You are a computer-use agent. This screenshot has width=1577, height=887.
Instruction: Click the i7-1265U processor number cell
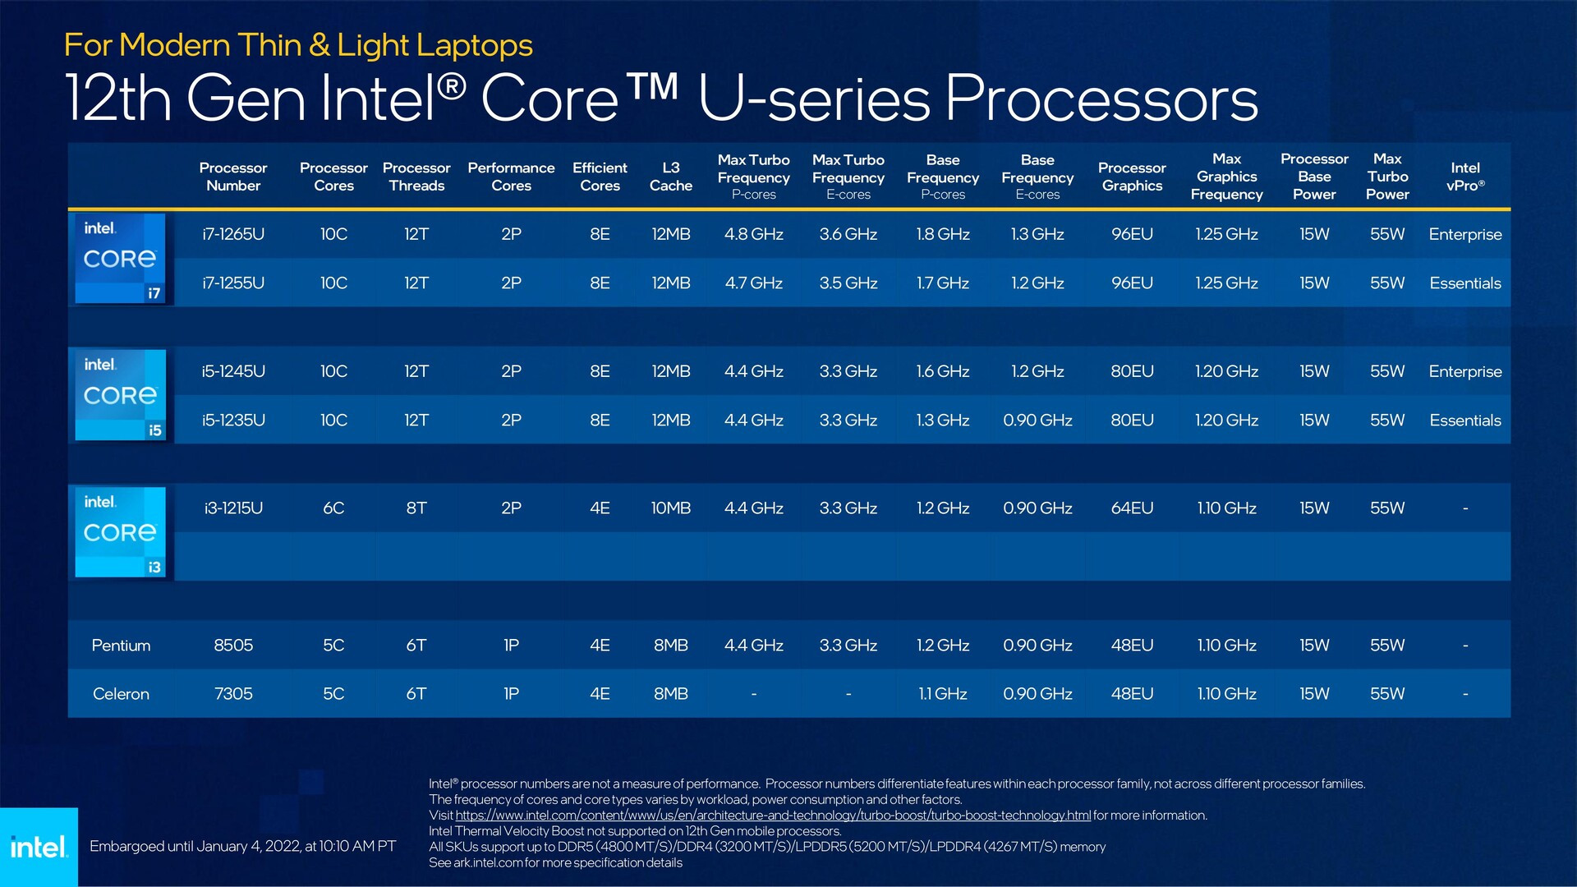tap(233, 234)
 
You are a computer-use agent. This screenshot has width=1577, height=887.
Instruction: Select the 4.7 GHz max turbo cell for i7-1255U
tap(753, 283)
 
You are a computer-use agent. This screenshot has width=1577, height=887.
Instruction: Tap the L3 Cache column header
tap(670, 177)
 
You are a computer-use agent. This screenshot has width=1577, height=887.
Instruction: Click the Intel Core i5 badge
tap(121, 395)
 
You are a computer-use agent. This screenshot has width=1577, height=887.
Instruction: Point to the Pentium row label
tap(121, 646)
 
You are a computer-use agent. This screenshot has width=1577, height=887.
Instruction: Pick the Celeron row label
tap(121, 694)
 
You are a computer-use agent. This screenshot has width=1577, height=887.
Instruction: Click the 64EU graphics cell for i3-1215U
tap(1132, 508)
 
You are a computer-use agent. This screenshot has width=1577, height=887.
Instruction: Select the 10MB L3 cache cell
tap(670, 508)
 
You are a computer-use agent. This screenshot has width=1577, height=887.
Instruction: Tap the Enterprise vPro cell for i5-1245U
tap(1464, 371)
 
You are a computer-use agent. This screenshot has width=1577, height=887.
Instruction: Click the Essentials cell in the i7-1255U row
tap(1464, 283)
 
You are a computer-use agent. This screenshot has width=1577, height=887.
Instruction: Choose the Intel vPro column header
tap(1464, 177)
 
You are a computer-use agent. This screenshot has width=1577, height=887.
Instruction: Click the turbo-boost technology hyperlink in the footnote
tap(772, 816)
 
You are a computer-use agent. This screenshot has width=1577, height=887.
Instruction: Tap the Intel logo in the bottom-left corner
tap(39, 847)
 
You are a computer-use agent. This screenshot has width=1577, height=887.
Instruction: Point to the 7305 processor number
tap(233, 694)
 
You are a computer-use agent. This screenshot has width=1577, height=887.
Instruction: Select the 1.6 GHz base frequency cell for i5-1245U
tap(942, 371)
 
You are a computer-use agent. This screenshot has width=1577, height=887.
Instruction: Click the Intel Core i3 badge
tap(121, 532)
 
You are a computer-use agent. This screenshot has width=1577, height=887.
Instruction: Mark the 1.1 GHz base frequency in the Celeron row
tap(942, 694)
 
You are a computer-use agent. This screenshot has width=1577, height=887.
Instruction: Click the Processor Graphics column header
tap(1132, 177)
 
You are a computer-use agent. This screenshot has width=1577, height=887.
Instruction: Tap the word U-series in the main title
tap(813, 99)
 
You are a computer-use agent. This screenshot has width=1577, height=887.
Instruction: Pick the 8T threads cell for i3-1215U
tap(416, 508)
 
